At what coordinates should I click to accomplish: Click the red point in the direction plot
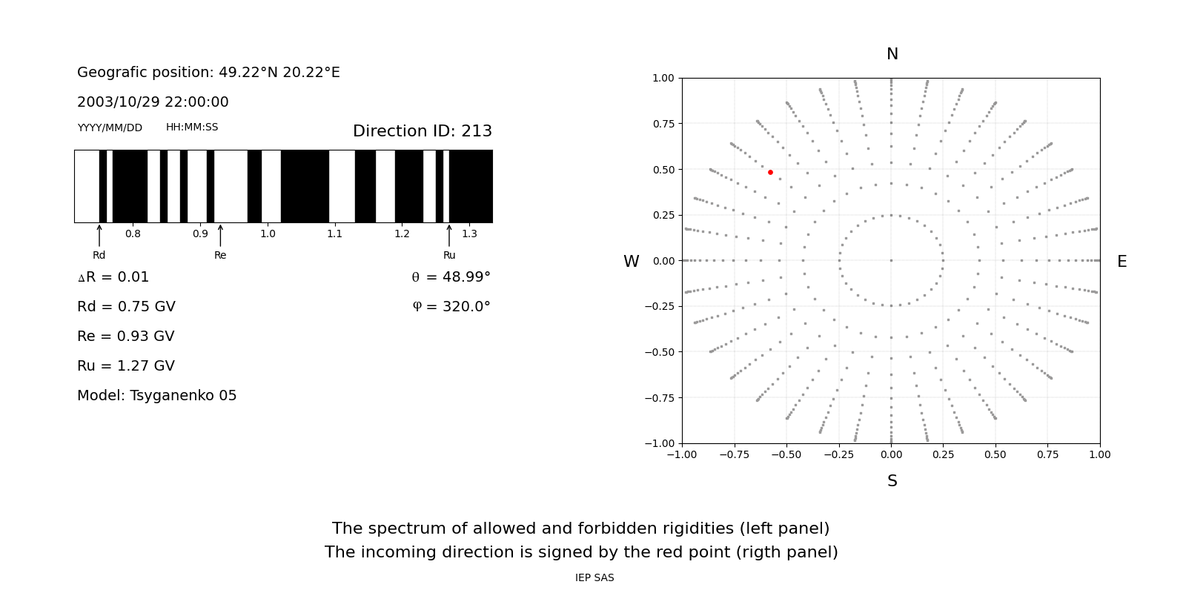click(x=770, y=173)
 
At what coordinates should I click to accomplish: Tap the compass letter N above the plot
click(x=892, y=54)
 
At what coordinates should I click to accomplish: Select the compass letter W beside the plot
click(x=631, y=262)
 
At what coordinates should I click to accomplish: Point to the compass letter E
click(x=1122, y=262)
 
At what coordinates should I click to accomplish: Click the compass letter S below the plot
click(x=892, y=481)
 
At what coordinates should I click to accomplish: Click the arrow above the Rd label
click(x=99, y=236)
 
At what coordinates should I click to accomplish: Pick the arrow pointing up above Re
click(x=220, y=236)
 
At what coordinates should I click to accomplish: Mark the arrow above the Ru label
click(x=449, y=236)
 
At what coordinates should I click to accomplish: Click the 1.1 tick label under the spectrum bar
click(x=334, y=234)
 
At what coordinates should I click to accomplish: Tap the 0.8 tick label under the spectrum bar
click(x=133, y=234)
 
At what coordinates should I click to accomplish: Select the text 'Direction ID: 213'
click(x=423, y=130)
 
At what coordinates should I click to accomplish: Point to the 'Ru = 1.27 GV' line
click(x=126, y=366)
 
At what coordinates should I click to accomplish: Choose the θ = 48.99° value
click(x=451, y=277)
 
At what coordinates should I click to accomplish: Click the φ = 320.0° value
click(x=451, y=307)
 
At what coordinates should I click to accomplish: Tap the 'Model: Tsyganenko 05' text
click(x=156, y=396)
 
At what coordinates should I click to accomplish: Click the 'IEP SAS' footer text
click(x=594, y=577)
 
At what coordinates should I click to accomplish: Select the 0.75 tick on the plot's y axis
click(x=664, y=124)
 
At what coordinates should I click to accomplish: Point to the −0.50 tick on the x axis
click(x=786, y=455)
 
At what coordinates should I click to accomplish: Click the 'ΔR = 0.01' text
click(x=113, y=277)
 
